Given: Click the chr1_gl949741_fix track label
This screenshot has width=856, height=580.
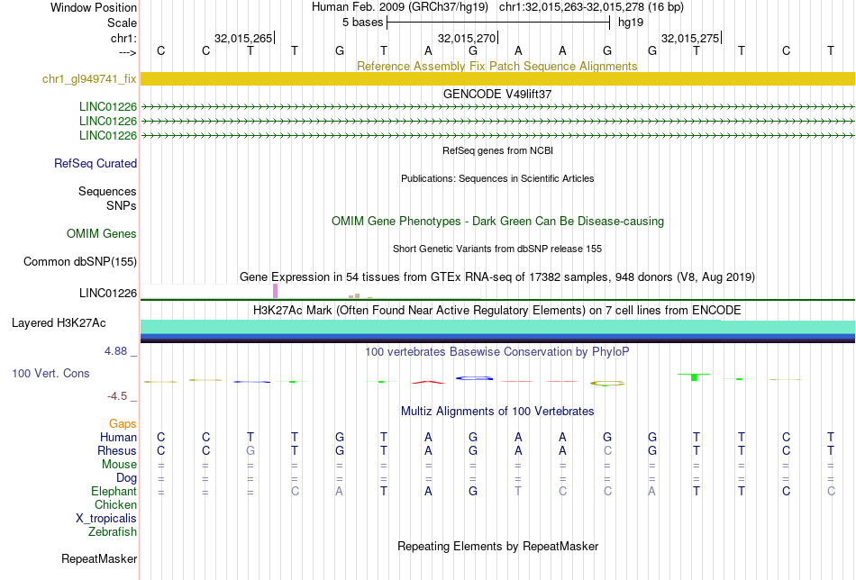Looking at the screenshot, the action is point(89,78).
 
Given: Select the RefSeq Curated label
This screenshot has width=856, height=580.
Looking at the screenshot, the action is point(96,163).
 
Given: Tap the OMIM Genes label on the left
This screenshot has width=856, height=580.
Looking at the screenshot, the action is point(102,233).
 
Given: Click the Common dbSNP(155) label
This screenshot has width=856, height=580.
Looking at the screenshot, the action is point(80,261).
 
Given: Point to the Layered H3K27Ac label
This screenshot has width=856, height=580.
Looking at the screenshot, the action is point(59,323).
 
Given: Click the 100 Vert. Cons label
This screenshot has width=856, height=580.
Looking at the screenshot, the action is point(50,373).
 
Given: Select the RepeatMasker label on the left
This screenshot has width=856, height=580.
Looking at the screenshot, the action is point(99,558).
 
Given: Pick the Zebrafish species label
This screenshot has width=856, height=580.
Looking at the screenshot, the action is point(113,531).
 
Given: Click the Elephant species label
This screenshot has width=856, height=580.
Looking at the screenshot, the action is point(114,491).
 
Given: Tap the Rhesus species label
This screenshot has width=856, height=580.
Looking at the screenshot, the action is point(117,450).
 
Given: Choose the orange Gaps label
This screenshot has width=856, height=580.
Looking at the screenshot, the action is point(123,424).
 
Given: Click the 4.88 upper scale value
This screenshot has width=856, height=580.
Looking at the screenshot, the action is point(115,351).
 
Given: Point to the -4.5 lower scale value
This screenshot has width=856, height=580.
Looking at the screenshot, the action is point(117,395).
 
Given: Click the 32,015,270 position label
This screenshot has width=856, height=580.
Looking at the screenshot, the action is point(467,38).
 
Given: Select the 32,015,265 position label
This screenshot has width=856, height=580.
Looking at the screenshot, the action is point(243,38).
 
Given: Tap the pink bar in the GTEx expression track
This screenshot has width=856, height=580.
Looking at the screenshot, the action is point(275,291).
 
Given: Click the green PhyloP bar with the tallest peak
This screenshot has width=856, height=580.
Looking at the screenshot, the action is point(694,377).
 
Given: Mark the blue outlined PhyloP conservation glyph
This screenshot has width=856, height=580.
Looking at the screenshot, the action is point(474,378).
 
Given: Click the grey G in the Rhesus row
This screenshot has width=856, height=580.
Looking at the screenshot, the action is point(250,450).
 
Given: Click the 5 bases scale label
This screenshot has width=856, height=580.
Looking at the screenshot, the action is point(362,23).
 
